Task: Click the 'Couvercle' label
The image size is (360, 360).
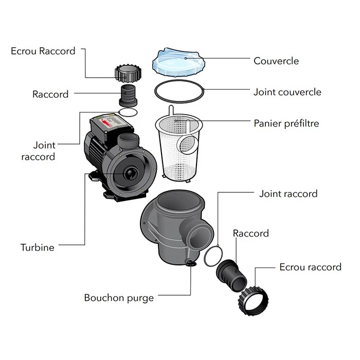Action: pyautogui.click(x=276, y=61)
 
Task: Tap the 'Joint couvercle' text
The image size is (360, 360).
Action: pyautogui.click(x=287, y=93)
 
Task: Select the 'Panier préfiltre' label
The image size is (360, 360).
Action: pyautogui.click(x=286, y=123)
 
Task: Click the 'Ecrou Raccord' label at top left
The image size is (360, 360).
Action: pyautogui.click(x=43, y=51)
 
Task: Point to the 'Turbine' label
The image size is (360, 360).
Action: pyautogui.click(x=37, y=247)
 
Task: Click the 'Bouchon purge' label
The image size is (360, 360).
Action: pyautogui.click(x=119, y=298)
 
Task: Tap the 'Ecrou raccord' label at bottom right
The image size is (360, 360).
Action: pyautogui.click(x=310, y=267)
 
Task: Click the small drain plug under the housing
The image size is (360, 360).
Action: pyautogui.click(x=191, y=264)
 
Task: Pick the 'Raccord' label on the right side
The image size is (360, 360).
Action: pyautogui.click(x=250, y=233)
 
